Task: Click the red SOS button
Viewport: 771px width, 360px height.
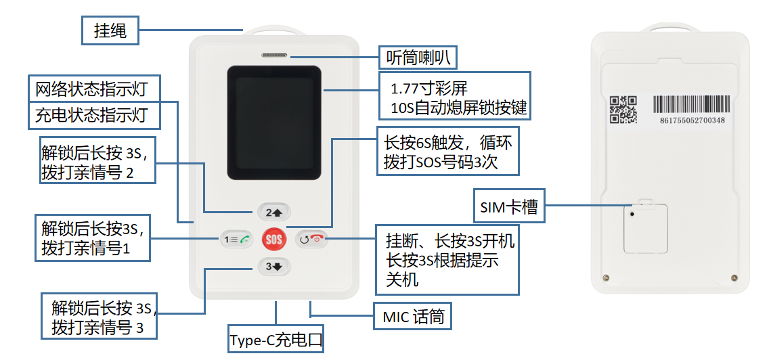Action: pyautogui.click(x=274, y=239)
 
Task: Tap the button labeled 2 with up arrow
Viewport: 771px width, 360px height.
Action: pyautogui.click(x=274, y=212)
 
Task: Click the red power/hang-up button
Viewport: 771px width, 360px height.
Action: pyautogui.click(x=311, y=239)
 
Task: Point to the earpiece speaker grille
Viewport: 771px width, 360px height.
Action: pyautogui.click(x=274, y=55)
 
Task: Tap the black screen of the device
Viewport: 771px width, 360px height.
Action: pyautogui.click(x=274, y=122)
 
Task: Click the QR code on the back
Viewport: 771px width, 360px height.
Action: pyautogui.click(x=623, y=110)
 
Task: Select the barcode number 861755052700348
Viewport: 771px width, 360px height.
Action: pyautogui.click(x=691, y=120)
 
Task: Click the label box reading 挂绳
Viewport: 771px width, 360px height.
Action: pyautogui.click(x=110, y=30)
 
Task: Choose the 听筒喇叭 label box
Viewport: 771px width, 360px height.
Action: pyautogui.click(x=417, y=58)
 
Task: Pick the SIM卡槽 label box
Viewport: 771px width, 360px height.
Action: pyautogui.click(x=509, y=207)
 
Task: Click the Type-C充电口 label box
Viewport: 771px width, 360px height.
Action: pyautogui.click(x=276, y=340)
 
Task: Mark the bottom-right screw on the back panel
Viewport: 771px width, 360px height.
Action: pyautogui.click(x=733, y=277)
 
